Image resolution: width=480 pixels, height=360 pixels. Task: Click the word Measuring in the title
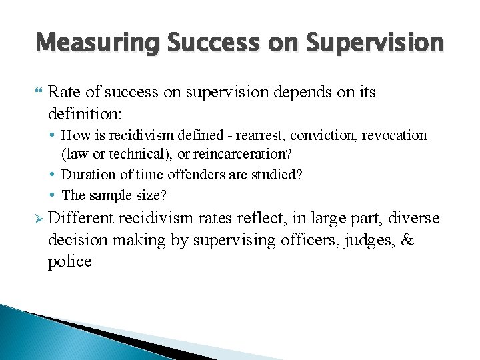point(96,42)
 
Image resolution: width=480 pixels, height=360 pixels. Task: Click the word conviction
point(320,135)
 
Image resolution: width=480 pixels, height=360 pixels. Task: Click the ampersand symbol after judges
point(406,241)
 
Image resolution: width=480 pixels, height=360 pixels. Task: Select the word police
point(69,261)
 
